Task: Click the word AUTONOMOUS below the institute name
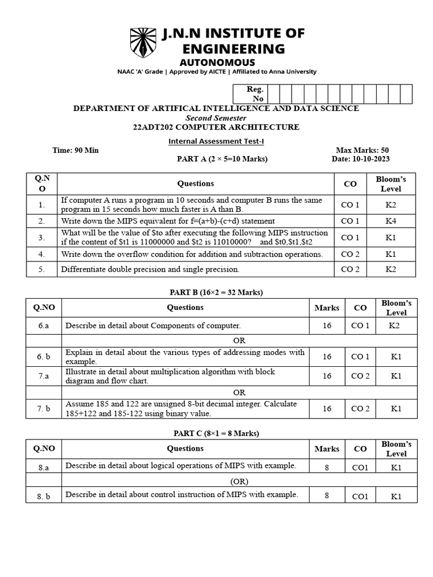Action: pyautogui.click(x=217, y=63)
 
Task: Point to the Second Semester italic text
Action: pyautogui.click(x=216, y=118)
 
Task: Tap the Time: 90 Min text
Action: pyautogui.click(x=76, y=150)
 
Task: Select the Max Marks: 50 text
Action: pyautogui.click(x=362, y=150)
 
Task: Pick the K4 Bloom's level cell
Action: pyautogui.click(x=391, y=221)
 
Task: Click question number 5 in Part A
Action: pyautogui.click(x=42, y=269)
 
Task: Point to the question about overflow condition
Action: pyautogui.click(x=192, y=254)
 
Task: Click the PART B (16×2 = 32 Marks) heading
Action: pyautogui.click(x=216, y=292)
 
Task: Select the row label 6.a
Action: pyautogui.click(x=44, y=326)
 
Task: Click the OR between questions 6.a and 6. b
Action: pyautogui.click(x=240, y=340)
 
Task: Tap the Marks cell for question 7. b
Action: pyautogui.click(x=327, y=409)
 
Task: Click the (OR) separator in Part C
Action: pyautogui.click(x=239, y=481)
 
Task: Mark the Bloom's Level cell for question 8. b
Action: pyautogui.click(x=396, y=496)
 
